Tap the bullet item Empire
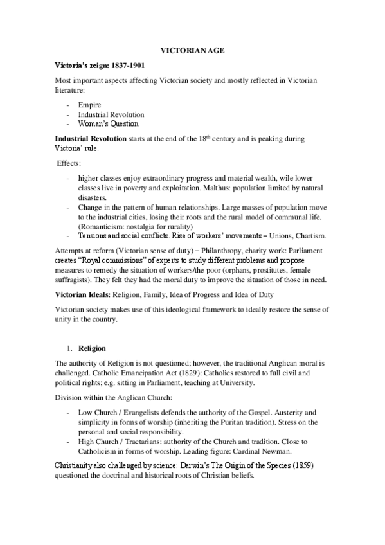(x=89, y=105)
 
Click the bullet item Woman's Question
(x=108, y=123)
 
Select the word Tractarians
(x=151, y=442)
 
